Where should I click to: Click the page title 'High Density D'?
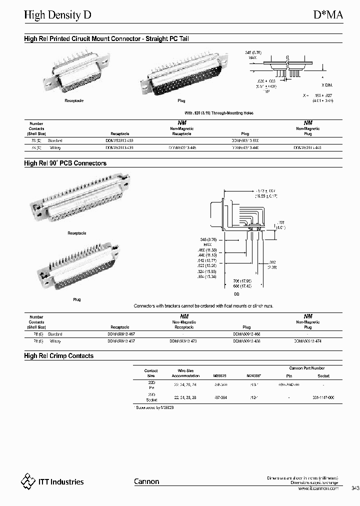coord(58,15)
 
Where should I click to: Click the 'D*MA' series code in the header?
coord(328,15)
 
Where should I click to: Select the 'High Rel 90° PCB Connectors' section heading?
coord(65,163)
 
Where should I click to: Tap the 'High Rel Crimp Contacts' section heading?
coord(59,356)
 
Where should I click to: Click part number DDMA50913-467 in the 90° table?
coord(121,333)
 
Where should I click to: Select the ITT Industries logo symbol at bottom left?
coord(28,481)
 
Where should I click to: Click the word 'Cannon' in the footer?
coord(146,481)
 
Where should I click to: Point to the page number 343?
coord(355,488)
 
